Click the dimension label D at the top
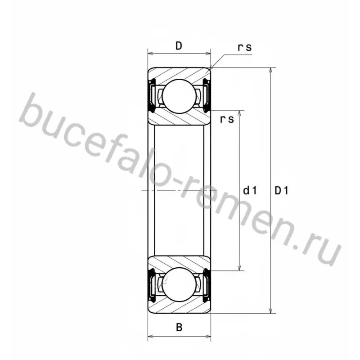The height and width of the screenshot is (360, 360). click(x=179, y=46)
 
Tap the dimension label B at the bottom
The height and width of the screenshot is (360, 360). click(x=179, y=327)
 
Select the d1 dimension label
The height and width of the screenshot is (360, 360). click(x=250, y=190)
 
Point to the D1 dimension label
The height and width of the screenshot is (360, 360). click(x=281, y=190)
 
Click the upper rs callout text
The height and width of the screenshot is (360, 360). click(x=245, y=47)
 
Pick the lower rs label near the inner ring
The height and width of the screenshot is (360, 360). click(x=227, y=119)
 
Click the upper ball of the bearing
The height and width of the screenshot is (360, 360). click(x=179, y=96)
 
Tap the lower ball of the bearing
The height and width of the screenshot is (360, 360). click(x=179, y=284)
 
